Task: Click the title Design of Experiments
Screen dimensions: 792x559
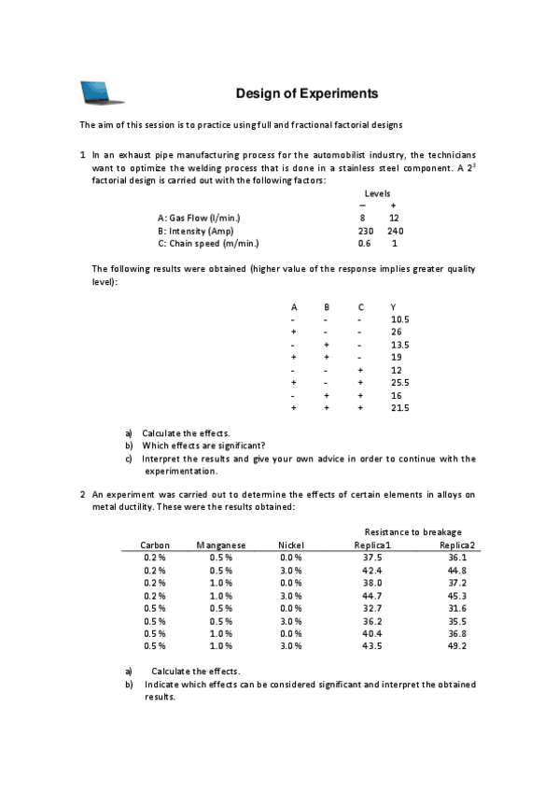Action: (306, 93)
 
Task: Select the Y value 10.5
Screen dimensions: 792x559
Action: (401, 318)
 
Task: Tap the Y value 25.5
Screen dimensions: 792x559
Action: (401, 382)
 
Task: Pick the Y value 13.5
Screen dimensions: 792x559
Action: (401, 344)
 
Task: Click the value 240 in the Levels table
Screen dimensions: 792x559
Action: (395, 230)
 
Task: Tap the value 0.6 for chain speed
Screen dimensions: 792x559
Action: (364, 243)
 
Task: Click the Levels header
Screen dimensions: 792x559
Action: (378, 192)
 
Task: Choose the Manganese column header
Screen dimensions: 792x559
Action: (221, 544)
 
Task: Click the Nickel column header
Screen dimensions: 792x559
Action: (292, 544)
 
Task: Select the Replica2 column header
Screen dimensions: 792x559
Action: (457, 544)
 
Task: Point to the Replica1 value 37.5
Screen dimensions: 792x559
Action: (372, 557)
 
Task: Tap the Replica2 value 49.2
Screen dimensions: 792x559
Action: (457, 645)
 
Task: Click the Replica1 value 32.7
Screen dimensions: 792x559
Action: (372, 607)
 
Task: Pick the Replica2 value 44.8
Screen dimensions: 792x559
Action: (457, 570)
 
